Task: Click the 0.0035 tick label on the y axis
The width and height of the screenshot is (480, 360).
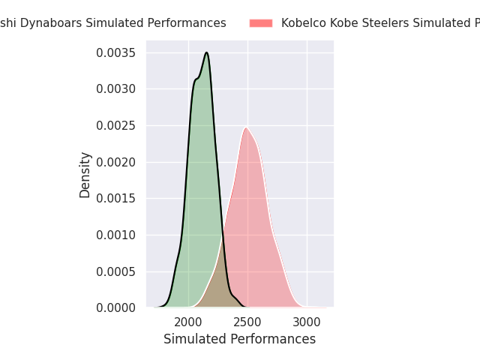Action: tap(115, 52)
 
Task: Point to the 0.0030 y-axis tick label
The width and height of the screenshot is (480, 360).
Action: tap(115, 89)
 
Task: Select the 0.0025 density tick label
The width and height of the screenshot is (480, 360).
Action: tap(115, 125)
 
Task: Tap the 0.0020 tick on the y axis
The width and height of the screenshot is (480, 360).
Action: tap(115, 162)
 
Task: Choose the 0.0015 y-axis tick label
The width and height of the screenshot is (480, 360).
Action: tap(115, 198)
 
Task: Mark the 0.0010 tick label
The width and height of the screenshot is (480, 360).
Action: tap(115, 235)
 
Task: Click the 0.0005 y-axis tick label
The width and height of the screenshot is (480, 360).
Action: tap(115, 271)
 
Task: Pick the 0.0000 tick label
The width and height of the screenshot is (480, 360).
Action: tap(115, 307)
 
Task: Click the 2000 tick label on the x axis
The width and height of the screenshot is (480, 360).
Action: tap(188, 322)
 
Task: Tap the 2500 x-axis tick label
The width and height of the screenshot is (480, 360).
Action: tap(247, 322)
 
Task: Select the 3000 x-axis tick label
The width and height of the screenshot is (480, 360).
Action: tap(307, 322)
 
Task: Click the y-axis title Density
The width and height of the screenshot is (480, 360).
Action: tap(85, 175)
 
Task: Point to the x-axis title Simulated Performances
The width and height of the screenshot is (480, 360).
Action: tap(239, 340)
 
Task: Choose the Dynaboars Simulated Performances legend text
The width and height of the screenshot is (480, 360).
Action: tap(112, 23)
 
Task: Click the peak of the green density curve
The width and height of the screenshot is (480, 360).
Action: tap(206, 52)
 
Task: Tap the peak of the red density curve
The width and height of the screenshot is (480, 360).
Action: tap(245, 127)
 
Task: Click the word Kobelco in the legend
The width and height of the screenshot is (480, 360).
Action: tap(304, 23)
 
